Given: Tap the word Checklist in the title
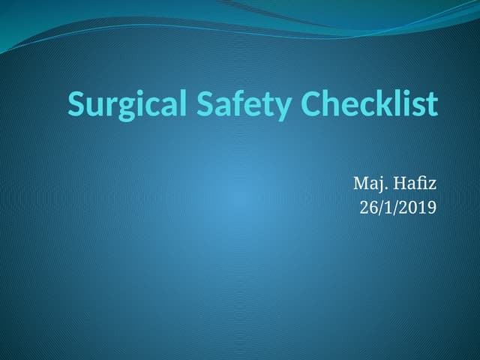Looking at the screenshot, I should click(370, 103).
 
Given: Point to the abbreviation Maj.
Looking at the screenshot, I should click(367, 183).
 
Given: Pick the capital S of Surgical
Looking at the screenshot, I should click(76, 104).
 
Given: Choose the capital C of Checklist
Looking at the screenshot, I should click(312, 104).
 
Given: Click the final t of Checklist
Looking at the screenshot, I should click(432, 105).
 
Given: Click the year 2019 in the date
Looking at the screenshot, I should click(418, 208).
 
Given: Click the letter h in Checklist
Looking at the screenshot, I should click(332, 103).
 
